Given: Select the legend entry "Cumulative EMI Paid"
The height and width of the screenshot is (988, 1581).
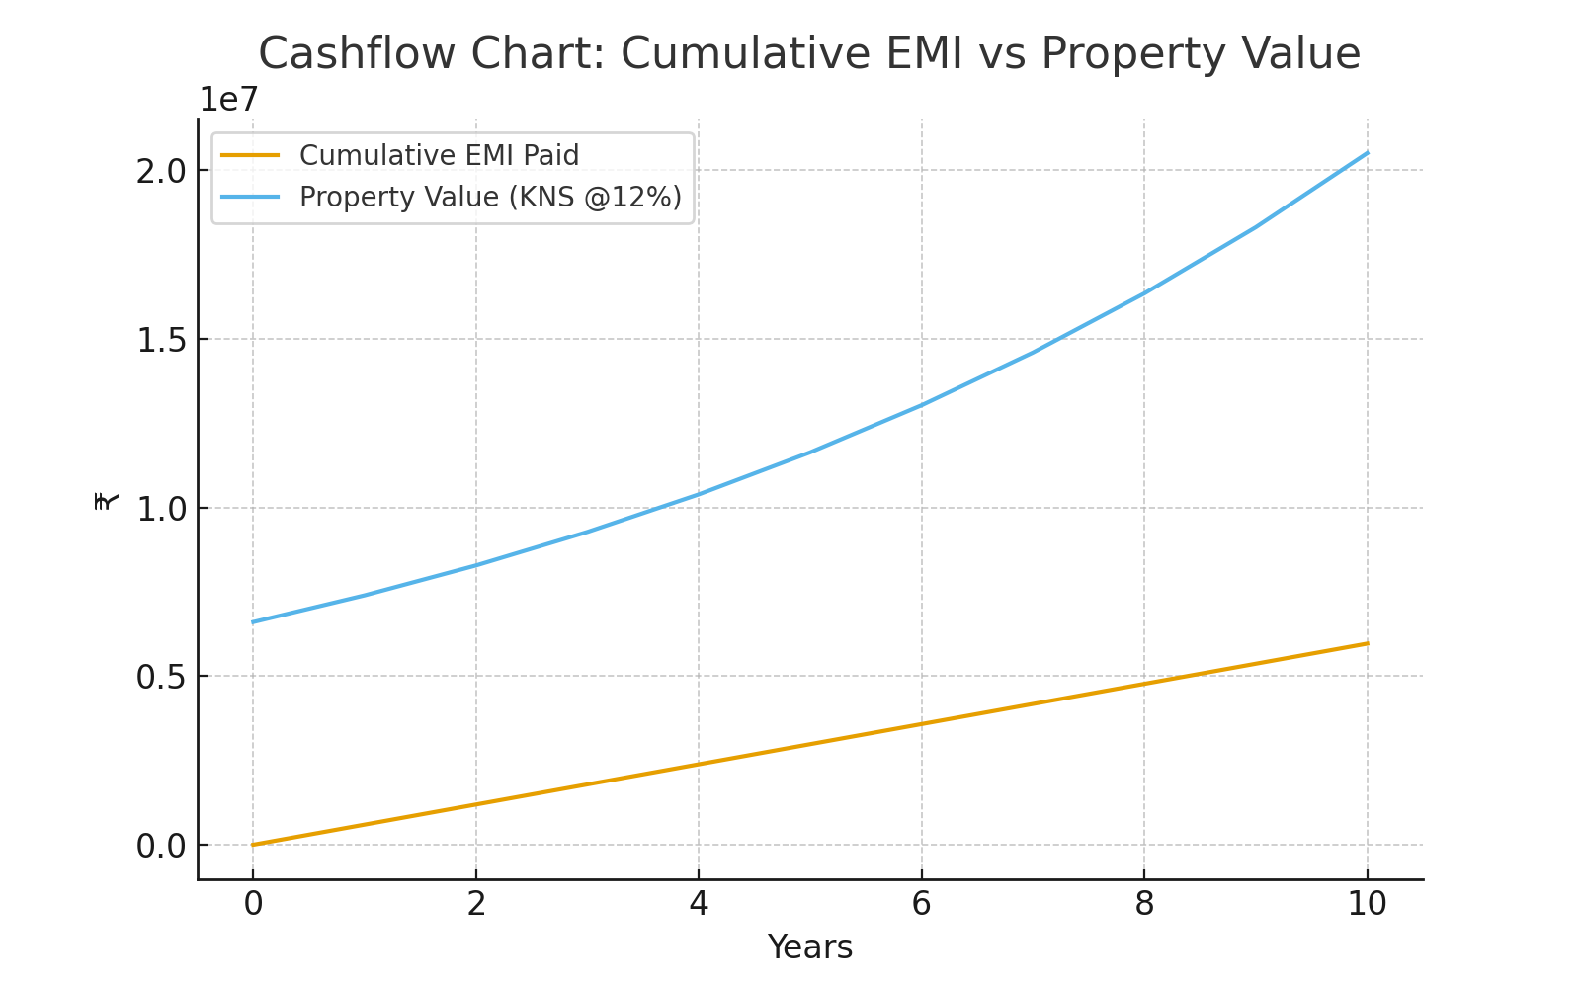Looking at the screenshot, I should [439, 156].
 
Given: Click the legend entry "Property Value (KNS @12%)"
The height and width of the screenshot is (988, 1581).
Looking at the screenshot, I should [490, 198].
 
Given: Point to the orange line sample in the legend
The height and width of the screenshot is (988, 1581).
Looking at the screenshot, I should [251, 155].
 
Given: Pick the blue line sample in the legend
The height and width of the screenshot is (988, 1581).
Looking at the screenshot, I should [251, 197].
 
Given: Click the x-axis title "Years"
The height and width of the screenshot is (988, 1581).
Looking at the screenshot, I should [809, 947].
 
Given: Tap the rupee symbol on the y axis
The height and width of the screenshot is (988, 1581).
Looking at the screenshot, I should [107, 501].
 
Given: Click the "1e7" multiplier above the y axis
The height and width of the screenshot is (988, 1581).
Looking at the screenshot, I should [228, 100].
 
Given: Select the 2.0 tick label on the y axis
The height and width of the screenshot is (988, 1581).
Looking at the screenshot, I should [162, 171].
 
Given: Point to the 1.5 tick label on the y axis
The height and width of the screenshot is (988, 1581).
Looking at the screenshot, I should [162, 340].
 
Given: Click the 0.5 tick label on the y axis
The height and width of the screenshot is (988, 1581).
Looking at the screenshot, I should [162, 677].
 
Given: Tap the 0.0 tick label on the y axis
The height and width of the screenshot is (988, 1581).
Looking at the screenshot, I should [162, 846].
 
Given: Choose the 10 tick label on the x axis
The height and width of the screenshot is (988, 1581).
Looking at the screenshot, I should [1367, 903].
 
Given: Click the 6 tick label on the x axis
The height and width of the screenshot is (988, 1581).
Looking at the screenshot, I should [921, 903].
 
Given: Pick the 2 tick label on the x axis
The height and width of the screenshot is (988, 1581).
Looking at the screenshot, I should [476, 903].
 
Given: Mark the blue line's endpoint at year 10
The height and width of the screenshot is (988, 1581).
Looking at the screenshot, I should [1368, 152].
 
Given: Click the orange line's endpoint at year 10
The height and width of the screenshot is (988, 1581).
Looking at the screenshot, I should [1368, 643].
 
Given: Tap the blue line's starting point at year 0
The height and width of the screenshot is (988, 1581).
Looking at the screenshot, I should [253, 622].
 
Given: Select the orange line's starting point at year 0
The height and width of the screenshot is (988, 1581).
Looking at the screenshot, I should [253, 845].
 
